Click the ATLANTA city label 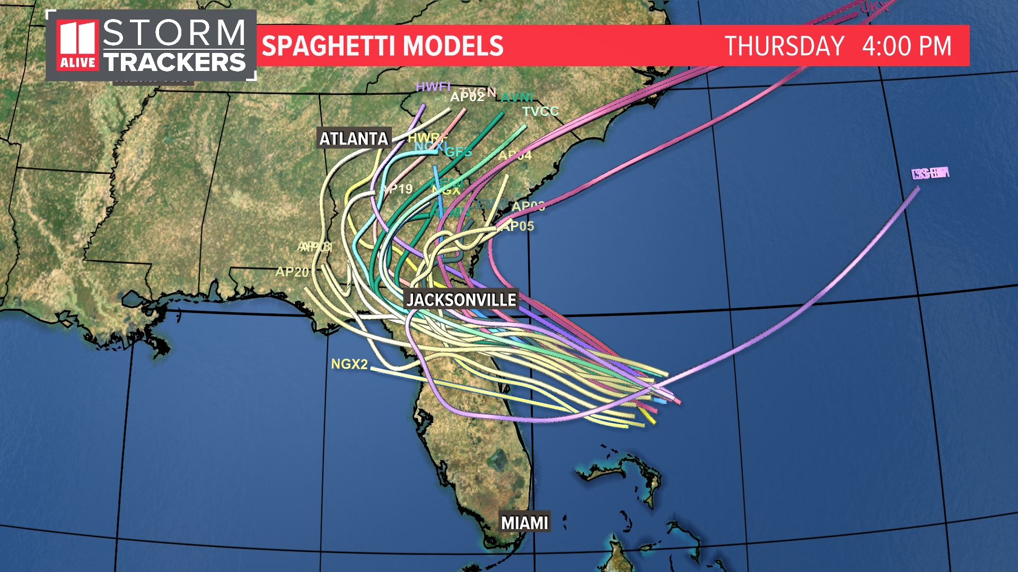point(354,139)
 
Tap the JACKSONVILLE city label point(461,300)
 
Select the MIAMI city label point(524,523)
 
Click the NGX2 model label point(349,364)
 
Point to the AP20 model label point(292,272)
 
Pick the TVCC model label point(540,111)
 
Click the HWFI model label point(433,86)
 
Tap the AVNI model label point(516,97)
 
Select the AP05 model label point(517,227)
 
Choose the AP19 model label point(398,189)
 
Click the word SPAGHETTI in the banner point(331,46)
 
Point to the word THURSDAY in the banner point(784,46)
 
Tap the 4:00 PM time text point(907,46)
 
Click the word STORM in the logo point(174,33)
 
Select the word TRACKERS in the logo point(174,62)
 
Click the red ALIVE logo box point(78,46)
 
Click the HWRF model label point(426,138)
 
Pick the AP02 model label point(467,97)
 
